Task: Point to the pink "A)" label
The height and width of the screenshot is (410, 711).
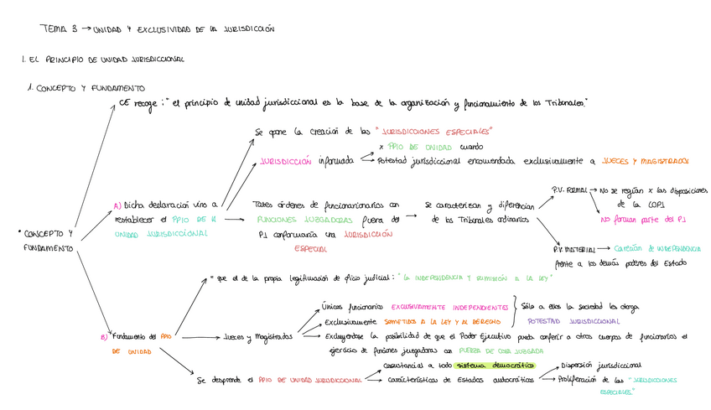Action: click(117, 205)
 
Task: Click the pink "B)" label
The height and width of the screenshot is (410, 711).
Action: click(103, 337)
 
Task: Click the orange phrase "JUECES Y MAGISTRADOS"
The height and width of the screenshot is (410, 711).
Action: click(645, 160)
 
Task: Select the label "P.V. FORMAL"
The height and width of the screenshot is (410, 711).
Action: click(570, 189)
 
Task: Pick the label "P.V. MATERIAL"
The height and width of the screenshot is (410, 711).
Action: click(573, 249)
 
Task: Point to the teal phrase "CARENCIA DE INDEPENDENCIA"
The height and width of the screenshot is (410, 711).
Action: click(657, 248)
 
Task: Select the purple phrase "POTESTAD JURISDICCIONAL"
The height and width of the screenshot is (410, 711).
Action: click(574, 320)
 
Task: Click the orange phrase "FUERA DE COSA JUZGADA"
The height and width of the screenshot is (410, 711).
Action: click(489, 350)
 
